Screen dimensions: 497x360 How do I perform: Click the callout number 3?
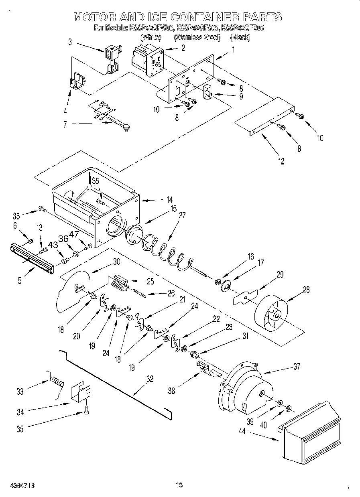70,42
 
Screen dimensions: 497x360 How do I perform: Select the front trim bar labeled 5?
31,260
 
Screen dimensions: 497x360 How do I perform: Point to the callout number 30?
116,261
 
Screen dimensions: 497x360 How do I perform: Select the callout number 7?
65,125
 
